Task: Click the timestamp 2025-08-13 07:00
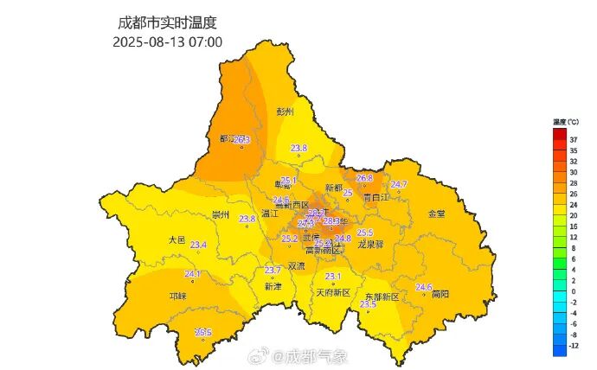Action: pyautogui.click(x=167, y=41)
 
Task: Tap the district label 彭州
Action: pyautogui.click(x=286, y=112)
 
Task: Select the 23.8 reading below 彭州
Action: pyautogui.click(x=298, y=148)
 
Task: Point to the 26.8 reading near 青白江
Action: pyautogui.click(x=364, y=178)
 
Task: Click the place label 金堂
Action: pyautogui.click(x=437, y=213)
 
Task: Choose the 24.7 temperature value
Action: pyautogui.click(x=399, y=184)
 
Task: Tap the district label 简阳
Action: pyautogui.click(x=440, y=294)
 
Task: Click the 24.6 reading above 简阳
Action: pyautogui.click(x=424, y=287)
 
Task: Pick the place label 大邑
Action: pyautogui.click(x=177, y=239)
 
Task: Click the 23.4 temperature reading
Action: pyautogui.click(x=198, y=246)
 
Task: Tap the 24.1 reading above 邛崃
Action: pyautogui.click(x=192, y=274)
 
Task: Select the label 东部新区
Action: pyautogui.click(x=381, y=297)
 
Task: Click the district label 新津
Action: pyautogui.click(x=273, y=286)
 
